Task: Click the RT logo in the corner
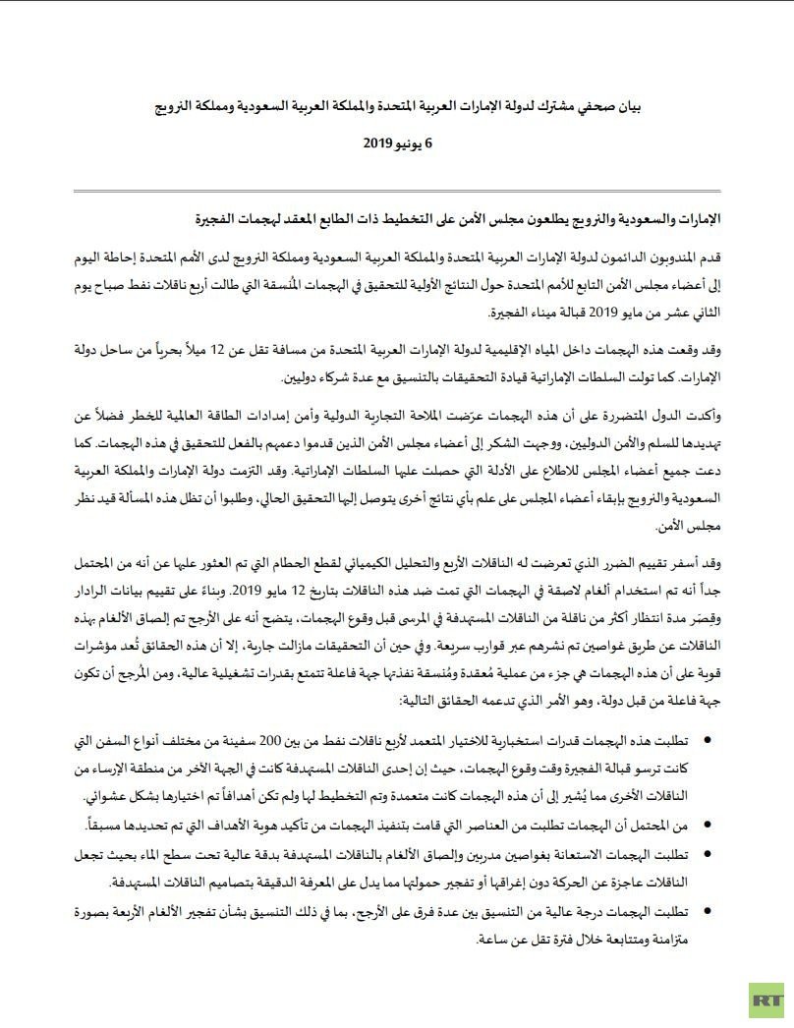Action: click(x=764, y=999)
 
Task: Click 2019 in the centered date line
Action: click(x=369, y=143)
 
